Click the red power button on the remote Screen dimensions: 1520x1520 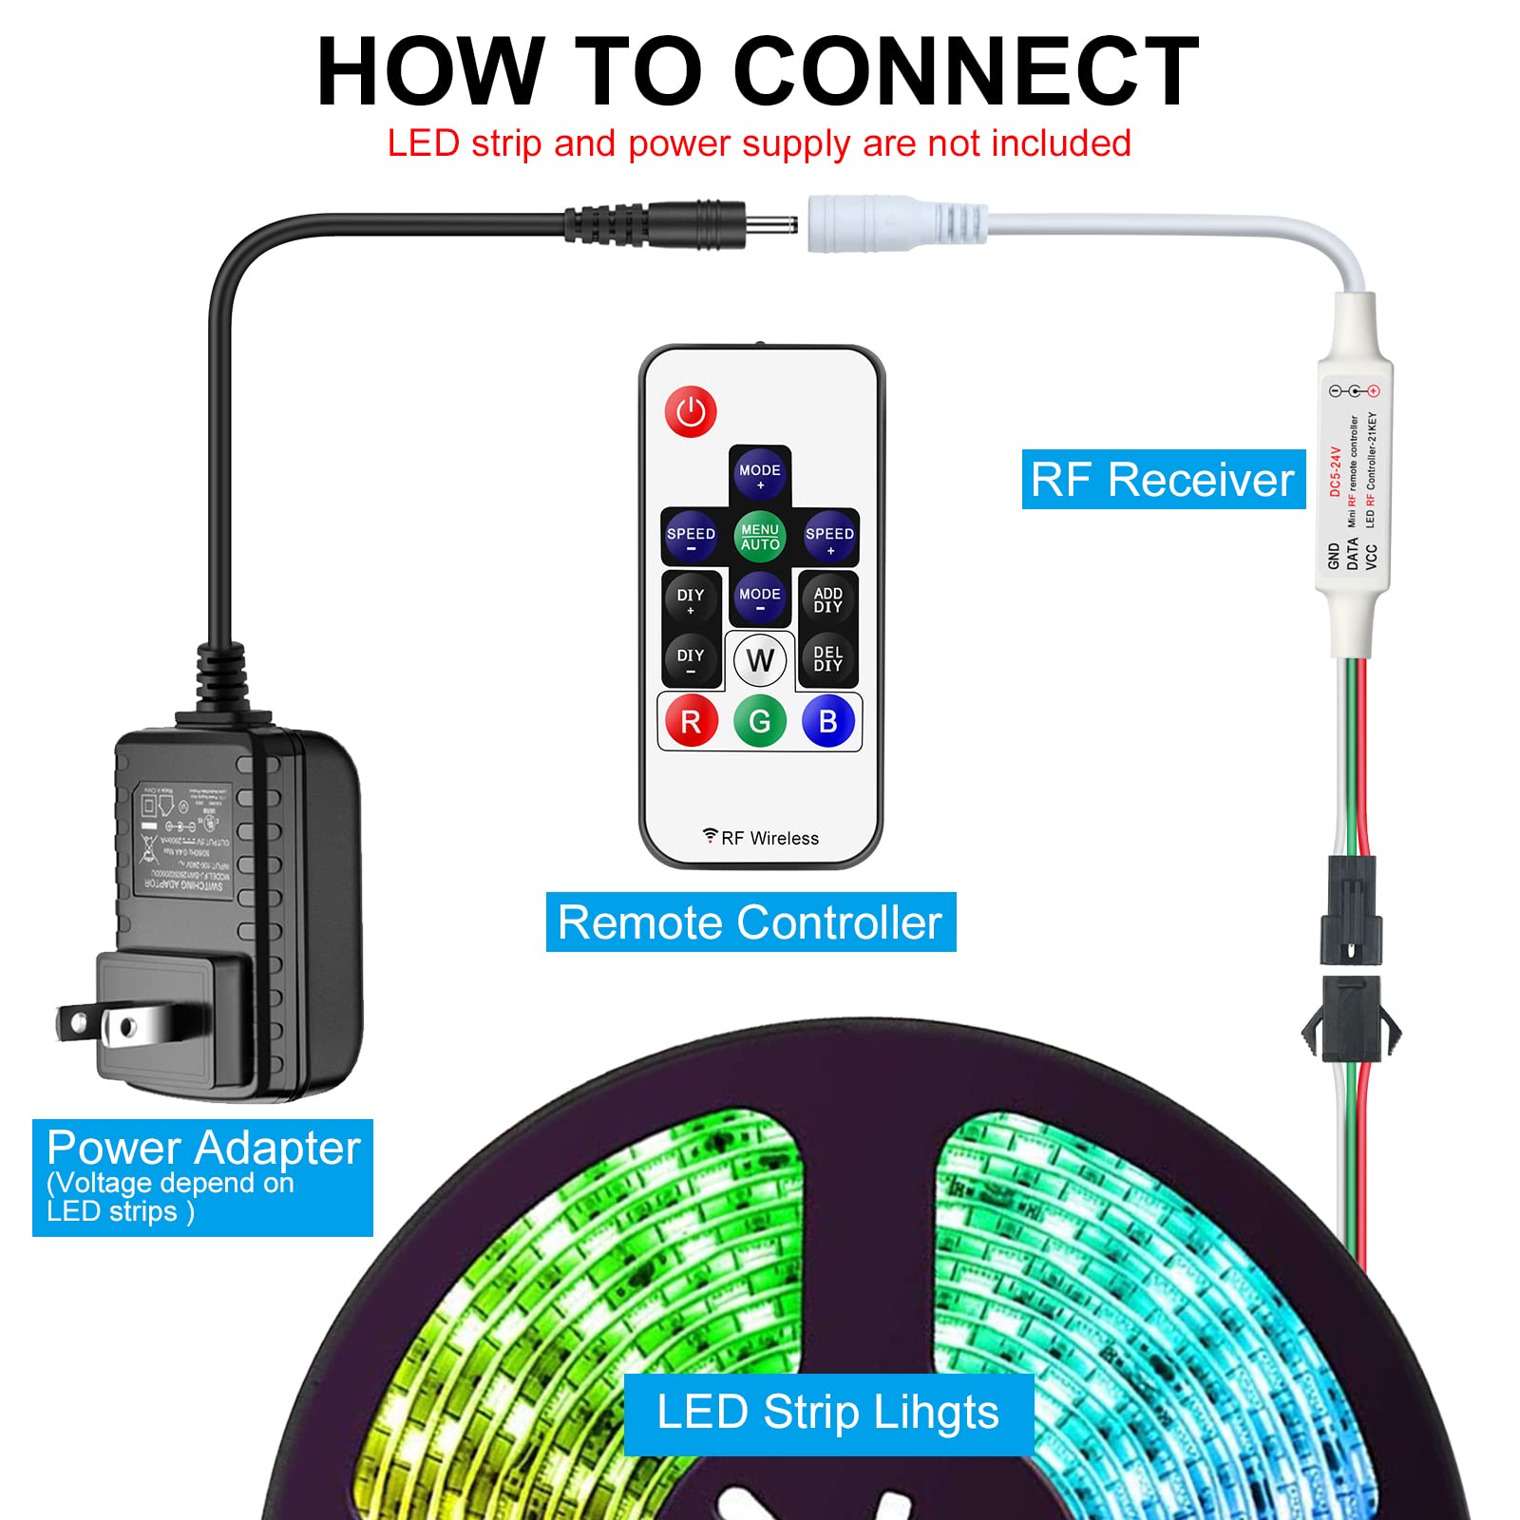tap(691, 412)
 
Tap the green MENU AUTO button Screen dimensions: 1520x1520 tap(760, 536)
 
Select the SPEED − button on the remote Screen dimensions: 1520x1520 tap(691, 537)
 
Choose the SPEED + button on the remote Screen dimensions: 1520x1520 tap(829, 537)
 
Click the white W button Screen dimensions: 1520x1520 tap(760, 660)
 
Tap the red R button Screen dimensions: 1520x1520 tap(691, 722)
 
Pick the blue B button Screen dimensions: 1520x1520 tap(828, 722)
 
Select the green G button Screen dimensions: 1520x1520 tap(760, 722)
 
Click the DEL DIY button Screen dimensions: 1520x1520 tap(827, 658)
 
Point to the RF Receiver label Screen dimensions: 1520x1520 tap(1163, 480)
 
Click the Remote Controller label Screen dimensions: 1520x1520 tap(750, 922)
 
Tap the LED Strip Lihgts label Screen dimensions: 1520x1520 tap(827, 1413)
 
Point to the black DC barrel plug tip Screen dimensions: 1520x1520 tap(769, 226)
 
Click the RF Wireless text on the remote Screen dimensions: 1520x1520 tap(769, 838)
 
